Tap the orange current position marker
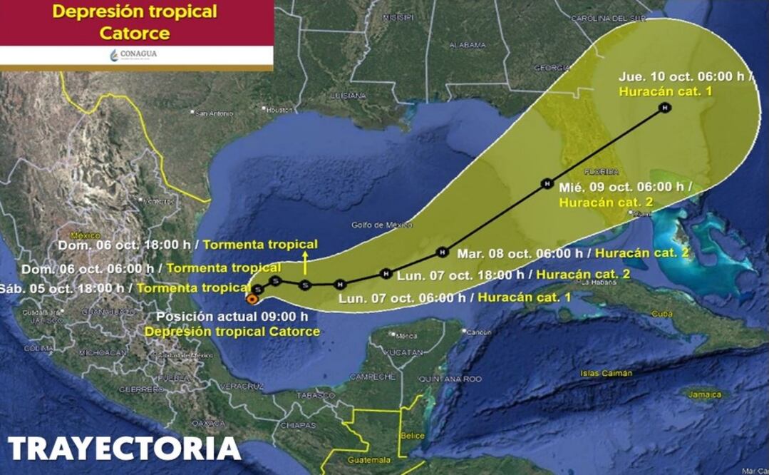251,299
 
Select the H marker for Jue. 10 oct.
664,108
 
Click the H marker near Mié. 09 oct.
547,184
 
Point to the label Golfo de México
382,225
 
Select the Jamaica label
705,394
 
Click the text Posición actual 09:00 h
232,317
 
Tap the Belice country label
413,435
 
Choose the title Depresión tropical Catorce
135,22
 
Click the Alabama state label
468,45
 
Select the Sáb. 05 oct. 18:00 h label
66,288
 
